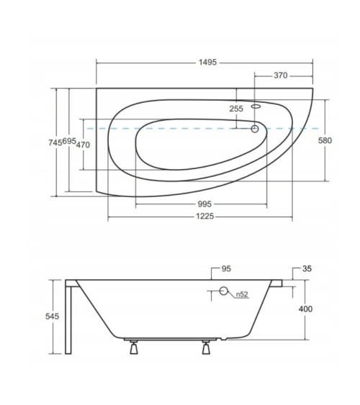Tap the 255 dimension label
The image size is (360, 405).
(236, 109)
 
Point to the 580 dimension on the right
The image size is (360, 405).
(325, 140)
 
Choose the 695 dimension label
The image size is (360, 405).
(68, 142)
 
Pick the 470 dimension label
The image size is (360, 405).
(83, 145)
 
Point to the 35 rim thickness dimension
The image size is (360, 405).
(307, 269)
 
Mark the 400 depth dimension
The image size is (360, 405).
(307, 309)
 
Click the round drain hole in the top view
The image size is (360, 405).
(254, 129)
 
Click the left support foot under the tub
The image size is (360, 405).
(132, 350)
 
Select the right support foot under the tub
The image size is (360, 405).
(206, 350)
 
